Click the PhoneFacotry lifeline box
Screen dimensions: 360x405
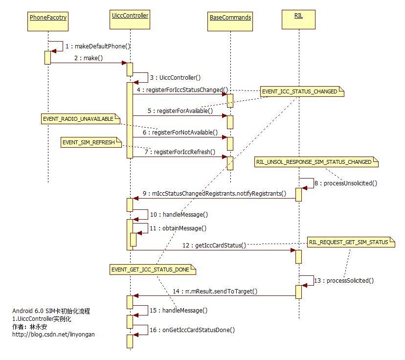pyautogui.click(x=48, y=18)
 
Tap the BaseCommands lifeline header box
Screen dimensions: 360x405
pyautogui.click(x=230, y=18)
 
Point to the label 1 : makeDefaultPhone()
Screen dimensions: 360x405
pyautogui.click(x=98, y=46)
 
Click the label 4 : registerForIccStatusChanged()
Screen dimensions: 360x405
pyautogui.click(x=182, y=90)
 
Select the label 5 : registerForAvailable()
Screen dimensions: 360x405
pyautogui.click(x=181, y=111)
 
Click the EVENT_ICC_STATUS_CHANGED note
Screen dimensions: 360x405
pyautogui.click(x=301, y=91)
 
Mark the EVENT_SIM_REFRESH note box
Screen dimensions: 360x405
pyautogui.click(x=89, y=142)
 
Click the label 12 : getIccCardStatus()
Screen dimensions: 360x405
pyautogui.click(x=214, y=246)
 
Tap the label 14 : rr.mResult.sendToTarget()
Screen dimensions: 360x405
pyautogui.click(x=215, y=292)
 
